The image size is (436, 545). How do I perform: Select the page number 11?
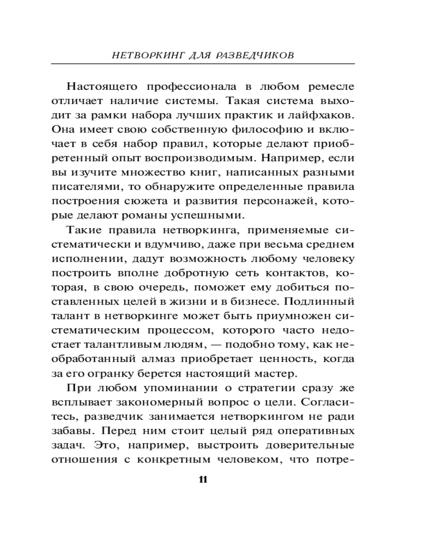[203, 480]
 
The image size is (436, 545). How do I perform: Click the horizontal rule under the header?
[218, 64]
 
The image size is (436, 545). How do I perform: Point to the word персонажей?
[288, 200]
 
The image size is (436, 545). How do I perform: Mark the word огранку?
[121, 373]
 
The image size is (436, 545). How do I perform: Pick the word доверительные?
[309, 444]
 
